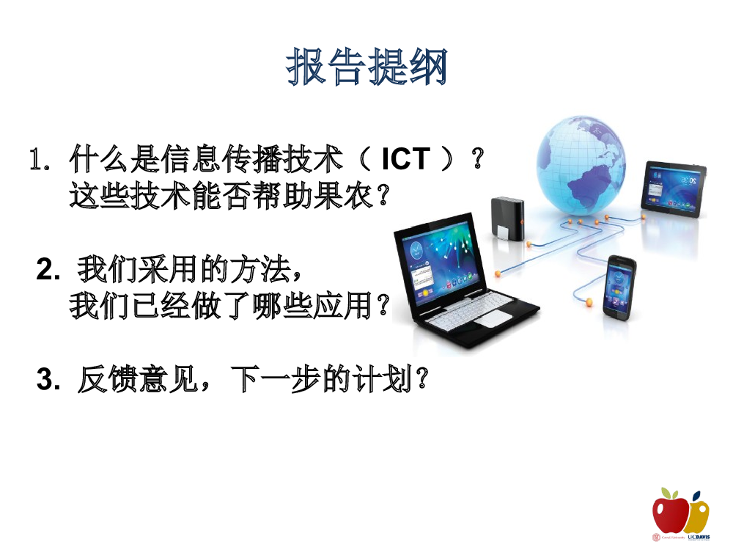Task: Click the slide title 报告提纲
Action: [367, 67]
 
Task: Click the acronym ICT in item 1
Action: [405, 158]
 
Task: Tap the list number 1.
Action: [40, 159]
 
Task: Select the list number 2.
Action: [48, 269]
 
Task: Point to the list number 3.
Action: [48, 379]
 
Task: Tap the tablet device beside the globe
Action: [674, 189]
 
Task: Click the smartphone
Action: [620, 288]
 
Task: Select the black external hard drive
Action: [507, 219]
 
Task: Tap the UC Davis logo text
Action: [699, 538]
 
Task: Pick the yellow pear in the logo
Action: [699, 514]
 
